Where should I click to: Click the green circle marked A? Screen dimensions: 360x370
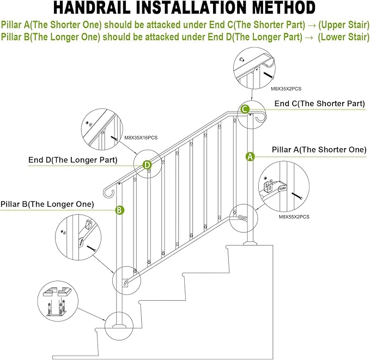click(x=250, y=156)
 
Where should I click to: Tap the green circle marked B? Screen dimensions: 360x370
click(x=119, y=210)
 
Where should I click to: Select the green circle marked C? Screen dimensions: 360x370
click(x=246, y=109)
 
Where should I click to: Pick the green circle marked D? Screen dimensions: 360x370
click(x=147, y=164)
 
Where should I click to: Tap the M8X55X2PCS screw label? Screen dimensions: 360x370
click(x=294, y=216)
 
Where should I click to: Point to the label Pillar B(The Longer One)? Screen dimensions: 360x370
click(x=47, y=204)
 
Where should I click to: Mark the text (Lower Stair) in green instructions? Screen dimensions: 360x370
click(x=343, y=36)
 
